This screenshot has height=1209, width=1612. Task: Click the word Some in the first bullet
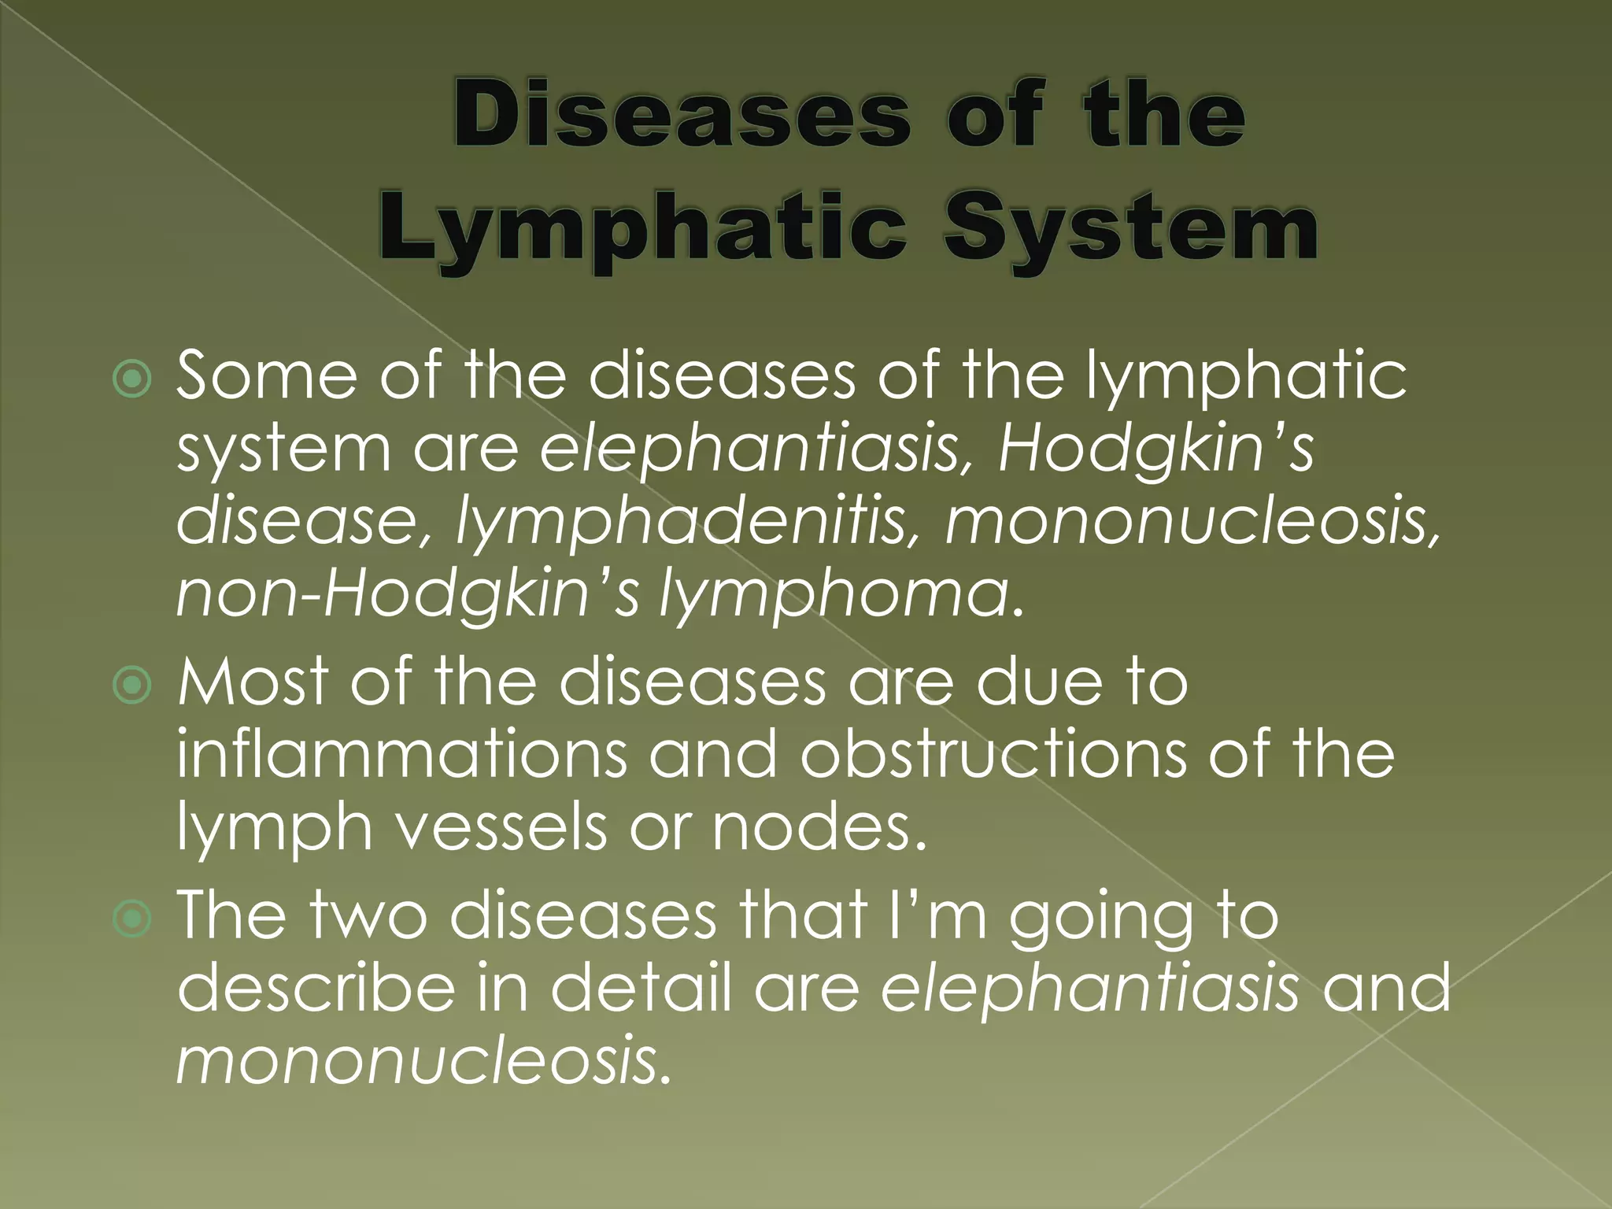point(266,376)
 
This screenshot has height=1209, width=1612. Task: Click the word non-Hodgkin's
point(408,597)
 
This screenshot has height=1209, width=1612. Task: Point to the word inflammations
point(401,754)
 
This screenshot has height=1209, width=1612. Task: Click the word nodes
point(819,828)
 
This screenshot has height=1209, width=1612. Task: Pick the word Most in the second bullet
point(253,682)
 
